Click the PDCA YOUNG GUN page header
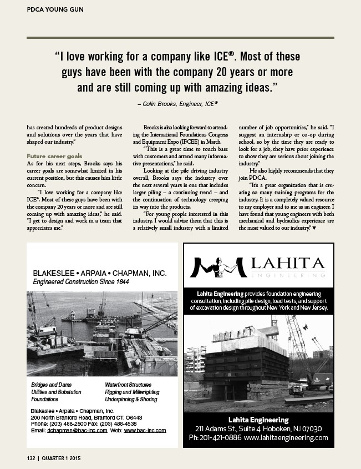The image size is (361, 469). click(x=53, y=9)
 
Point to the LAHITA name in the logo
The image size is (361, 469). click(x=284, y=262)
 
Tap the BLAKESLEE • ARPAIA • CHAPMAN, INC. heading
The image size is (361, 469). click(x=100, y=274)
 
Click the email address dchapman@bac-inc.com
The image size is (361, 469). click(x=77, y=430)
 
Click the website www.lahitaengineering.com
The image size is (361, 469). click(x=286, y=438)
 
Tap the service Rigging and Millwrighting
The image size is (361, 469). click(x=132, y=392)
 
